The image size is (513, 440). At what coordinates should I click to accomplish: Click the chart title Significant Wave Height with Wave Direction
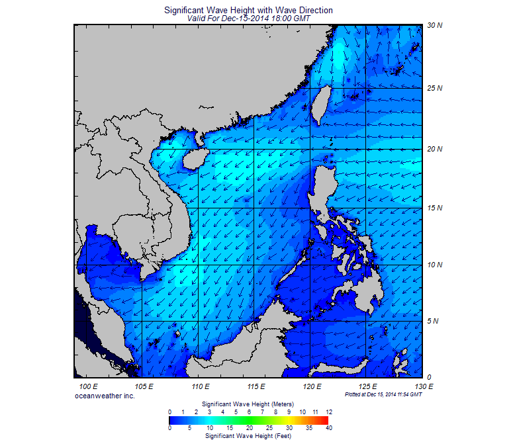[248, 11]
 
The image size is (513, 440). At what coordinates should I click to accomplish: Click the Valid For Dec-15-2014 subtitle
[248, 19]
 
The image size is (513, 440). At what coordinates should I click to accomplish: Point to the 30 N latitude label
[434, 25]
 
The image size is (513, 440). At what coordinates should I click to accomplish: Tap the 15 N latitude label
[434, 208]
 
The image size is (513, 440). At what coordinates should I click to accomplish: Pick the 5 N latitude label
[434, 322]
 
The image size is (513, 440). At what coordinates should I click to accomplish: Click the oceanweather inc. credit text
[105, 395]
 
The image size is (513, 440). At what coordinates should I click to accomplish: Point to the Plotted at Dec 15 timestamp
[383, 394]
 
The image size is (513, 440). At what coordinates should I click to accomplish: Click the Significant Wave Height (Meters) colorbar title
[248, 403]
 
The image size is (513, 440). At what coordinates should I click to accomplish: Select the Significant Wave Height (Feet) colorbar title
[248, 436]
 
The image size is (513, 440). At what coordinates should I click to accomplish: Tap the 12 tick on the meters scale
[328, 412]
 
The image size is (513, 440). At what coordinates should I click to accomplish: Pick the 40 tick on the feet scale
[328, 428]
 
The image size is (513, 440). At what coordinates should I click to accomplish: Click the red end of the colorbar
[324, 419]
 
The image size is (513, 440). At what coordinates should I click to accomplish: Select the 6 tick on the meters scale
[249, 412]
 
